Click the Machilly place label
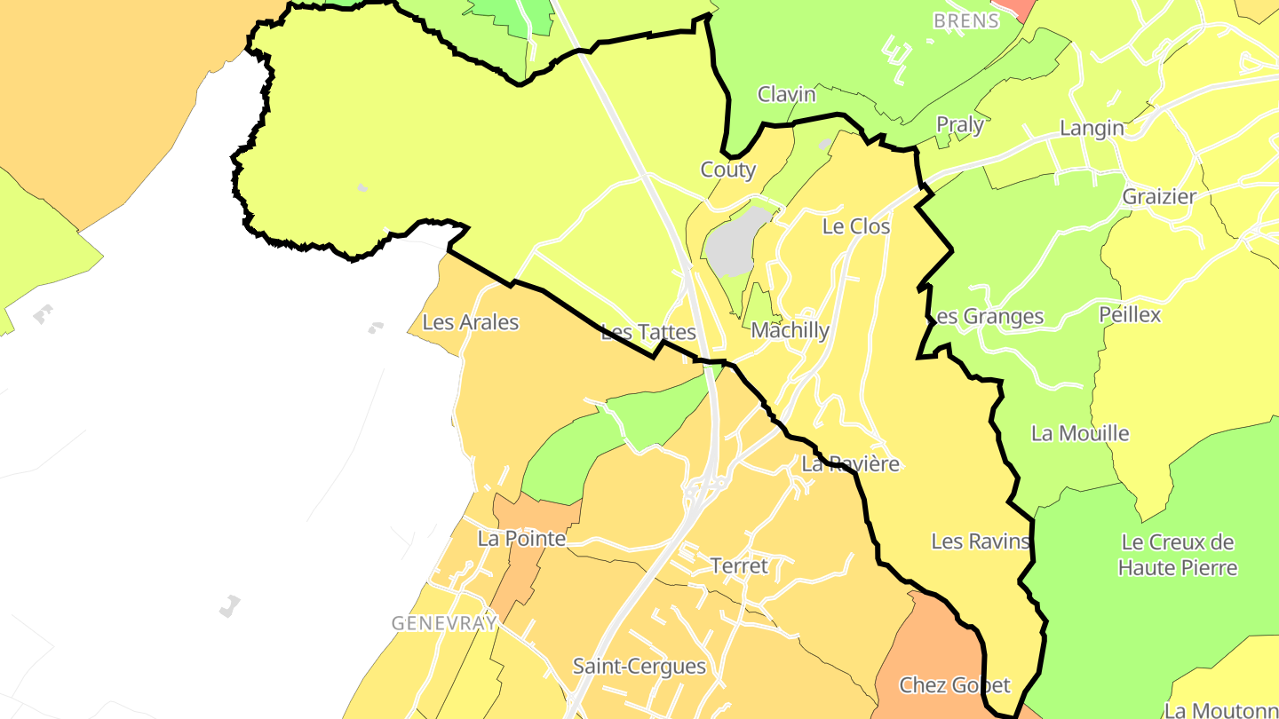click(x=790, y=331)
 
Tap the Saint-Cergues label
click(x=639, y=667)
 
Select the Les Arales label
click(x=470, y=322)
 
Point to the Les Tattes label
click(x=648, y=333)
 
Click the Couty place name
click(x=727, y=170)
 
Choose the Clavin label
click(x=786, y=94)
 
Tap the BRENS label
click(x=966, y=20)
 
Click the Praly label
click(x=960, y=125)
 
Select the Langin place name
click(x=1092, y=129)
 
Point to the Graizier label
click(x=1159, y=196)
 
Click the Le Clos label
click(x=855, y=226)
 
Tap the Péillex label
click(x=1129, y=314)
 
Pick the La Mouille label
click(x=1080, y=433)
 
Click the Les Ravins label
click(x=980, y=541)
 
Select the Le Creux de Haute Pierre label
click(x=1178, y=555)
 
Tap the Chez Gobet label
click(x=954, y=685)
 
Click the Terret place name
click(x=738, y=565)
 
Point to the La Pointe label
click(x=521, y=539)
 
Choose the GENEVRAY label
click(x=444, y=623)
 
